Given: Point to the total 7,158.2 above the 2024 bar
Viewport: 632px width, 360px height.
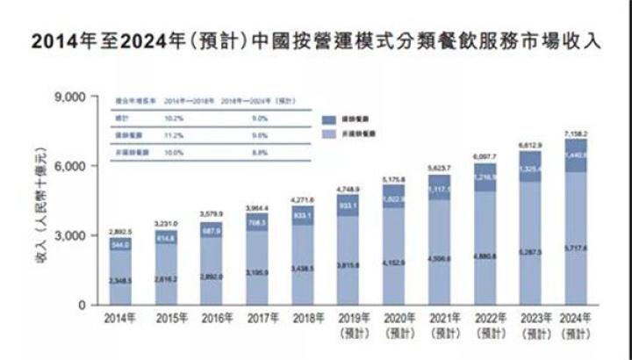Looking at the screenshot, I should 576,132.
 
